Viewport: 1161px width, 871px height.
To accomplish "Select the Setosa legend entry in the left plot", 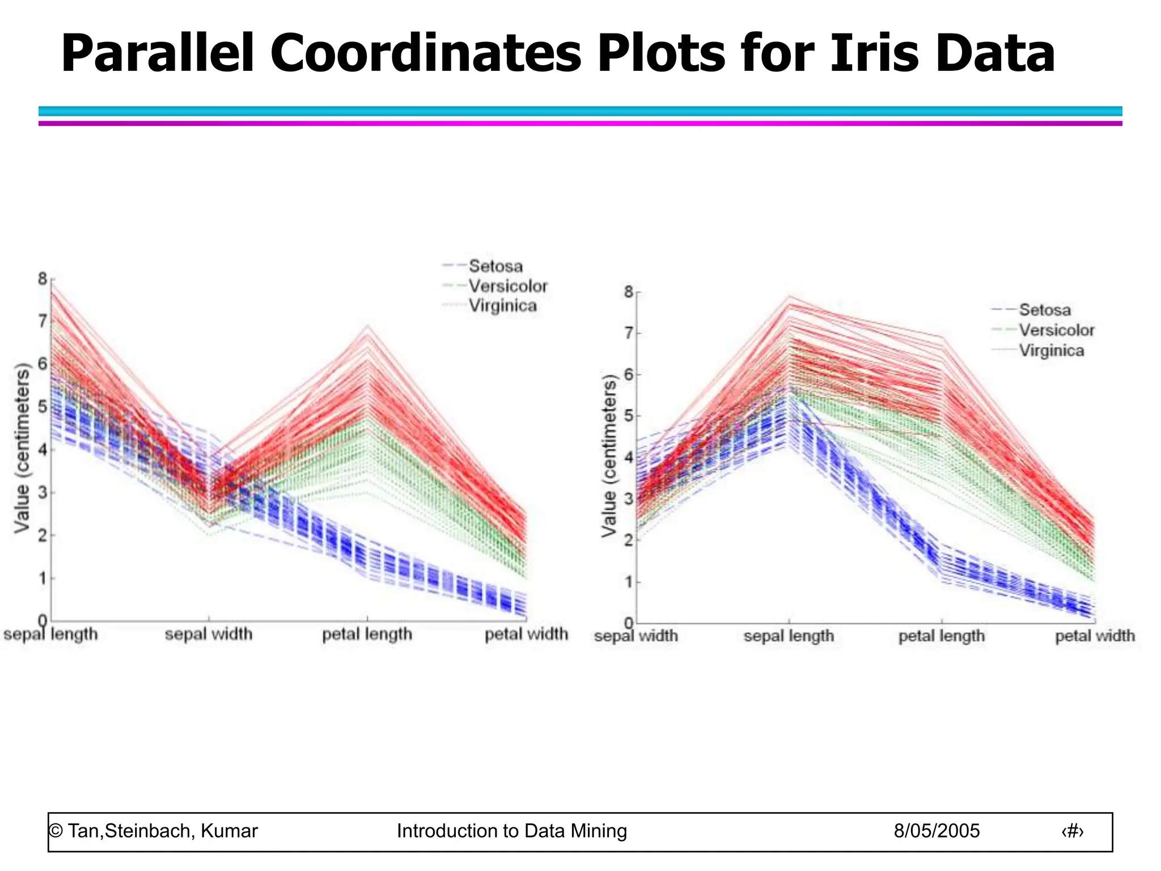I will point(495,266).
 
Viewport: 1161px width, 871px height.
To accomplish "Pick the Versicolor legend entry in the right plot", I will point(1056,330).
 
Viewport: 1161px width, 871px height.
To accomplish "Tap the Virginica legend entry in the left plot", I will point(502,306).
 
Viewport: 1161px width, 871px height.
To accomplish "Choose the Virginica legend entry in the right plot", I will point(1051,350).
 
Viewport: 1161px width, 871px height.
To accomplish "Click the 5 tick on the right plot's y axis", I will point(628,416).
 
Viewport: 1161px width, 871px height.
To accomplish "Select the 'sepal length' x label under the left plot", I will point(50,634).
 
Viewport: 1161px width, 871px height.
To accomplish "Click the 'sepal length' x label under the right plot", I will point(789,636).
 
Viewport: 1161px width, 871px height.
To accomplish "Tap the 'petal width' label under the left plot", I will point(526,634).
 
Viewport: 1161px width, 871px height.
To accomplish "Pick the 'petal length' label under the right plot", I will point(942,636).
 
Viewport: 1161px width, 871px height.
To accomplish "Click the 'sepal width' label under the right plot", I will point(635,636).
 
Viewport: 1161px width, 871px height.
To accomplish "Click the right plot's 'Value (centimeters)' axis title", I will point(609,456).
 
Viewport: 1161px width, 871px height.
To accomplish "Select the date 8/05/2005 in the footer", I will point(937,831).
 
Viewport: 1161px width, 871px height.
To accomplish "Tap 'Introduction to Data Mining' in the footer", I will point(511,831).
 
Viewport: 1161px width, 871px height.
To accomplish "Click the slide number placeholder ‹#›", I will point(1072,831).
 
